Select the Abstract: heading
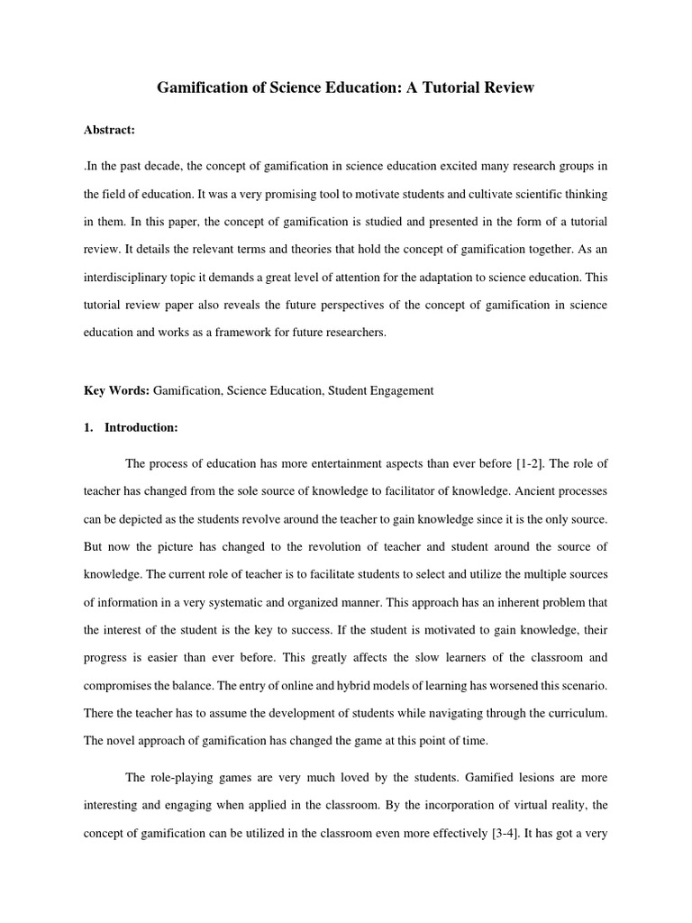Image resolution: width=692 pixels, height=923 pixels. pos(109,130)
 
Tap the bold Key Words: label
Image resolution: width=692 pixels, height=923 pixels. pos(116,390)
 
